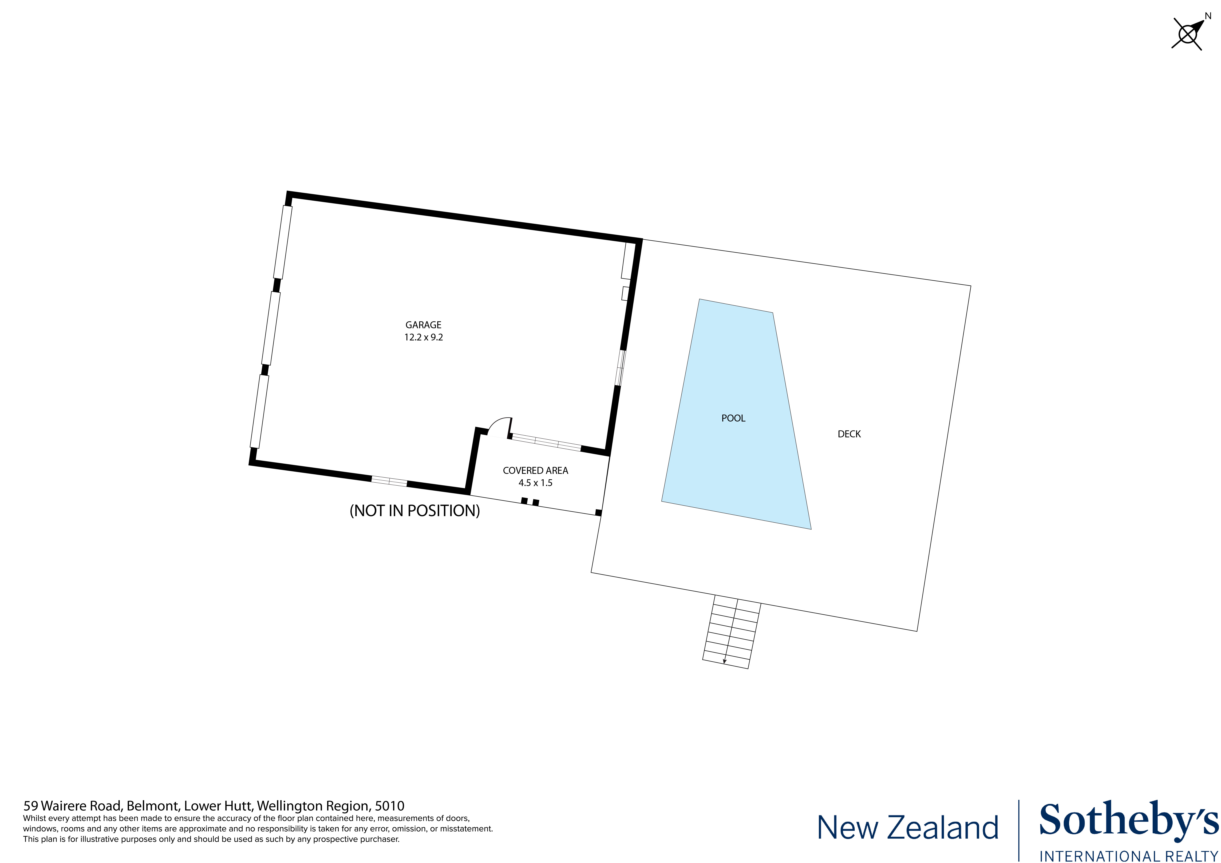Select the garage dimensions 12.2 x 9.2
[423, 337]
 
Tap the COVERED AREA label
[535, 471]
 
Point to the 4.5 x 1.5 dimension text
[535, 483]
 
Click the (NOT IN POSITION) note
[414, 510]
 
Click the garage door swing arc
[500, 424]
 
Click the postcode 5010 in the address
[390, 806]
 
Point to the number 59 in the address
[30, 806]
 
